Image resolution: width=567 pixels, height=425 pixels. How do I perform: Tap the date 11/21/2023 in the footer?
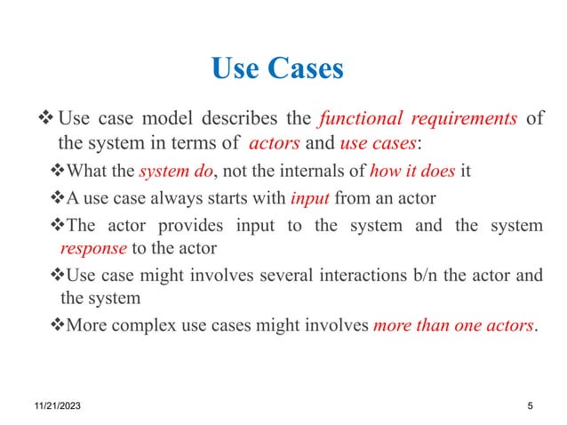coord(52,405)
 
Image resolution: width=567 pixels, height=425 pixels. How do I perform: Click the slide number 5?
coord(530,405)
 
